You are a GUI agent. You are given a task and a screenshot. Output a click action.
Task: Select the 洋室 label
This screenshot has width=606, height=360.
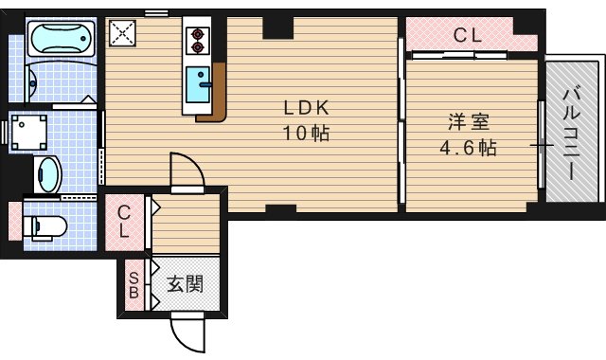469,123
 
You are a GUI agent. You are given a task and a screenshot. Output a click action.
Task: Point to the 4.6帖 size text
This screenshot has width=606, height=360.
469,149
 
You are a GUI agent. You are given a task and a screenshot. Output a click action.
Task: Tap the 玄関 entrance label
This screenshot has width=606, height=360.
187,284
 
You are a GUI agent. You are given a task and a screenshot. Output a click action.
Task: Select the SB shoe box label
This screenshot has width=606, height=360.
134,284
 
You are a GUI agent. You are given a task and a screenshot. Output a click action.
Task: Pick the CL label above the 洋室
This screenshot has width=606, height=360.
467,37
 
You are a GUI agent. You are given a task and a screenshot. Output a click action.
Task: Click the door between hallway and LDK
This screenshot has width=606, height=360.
185,173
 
